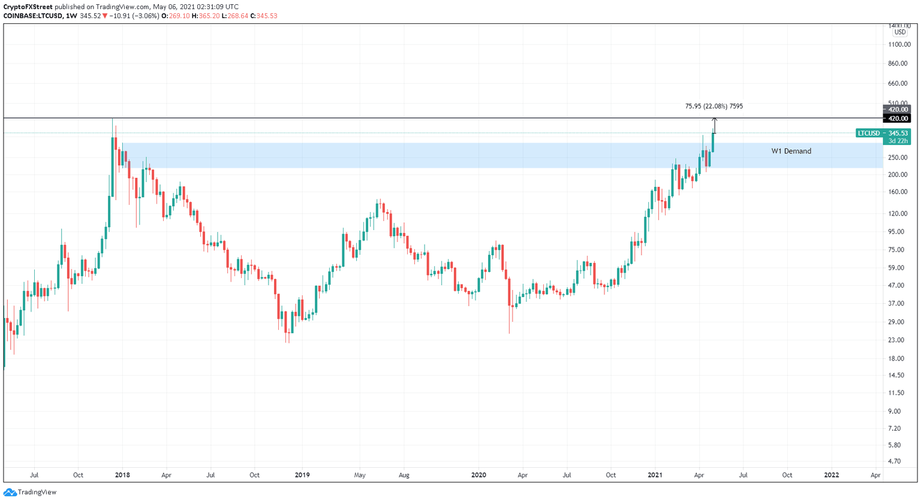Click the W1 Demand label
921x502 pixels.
click(x=791, y=151)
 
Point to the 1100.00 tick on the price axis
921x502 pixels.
click(x=899, y=44)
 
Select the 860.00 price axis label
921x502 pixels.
click(x=899, y=63)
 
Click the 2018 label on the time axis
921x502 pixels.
click(x=122, y=475)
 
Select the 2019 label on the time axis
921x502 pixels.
click(x=302, y=475)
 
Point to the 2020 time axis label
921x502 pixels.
click(x=478, y=475)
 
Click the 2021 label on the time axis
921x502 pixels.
click(x=655, y=475)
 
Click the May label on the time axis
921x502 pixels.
click(x=359, y=475)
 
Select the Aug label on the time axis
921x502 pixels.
click(x=404, y=475)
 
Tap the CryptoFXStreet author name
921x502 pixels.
click(x=28, y=7)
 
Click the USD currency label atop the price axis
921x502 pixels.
click(x=899, y=32)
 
